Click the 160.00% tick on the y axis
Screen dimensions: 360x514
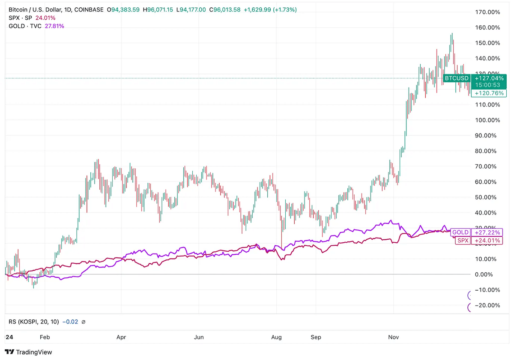[488, 27]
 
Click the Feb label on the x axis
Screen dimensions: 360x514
[45, 337]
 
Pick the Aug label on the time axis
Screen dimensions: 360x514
[276, 337]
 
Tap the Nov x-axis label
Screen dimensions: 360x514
[393, 337]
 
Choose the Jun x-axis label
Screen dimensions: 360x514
[199, 337]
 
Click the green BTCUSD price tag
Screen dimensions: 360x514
[457, 78]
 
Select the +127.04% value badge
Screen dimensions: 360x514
[489, 78]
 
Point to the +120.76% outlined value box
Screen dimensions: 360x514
[489, 93]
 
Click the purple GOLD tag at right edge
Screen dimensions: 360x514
[460, 232]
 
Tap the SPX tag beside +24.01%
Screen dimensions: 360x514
[462, 241]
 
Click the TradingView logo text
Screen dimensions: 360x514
[34, 352]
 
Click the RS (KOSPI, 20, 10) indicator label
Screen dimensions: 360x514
[34, 321]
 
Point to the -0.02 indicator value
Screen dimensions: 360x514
[70, 321]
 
